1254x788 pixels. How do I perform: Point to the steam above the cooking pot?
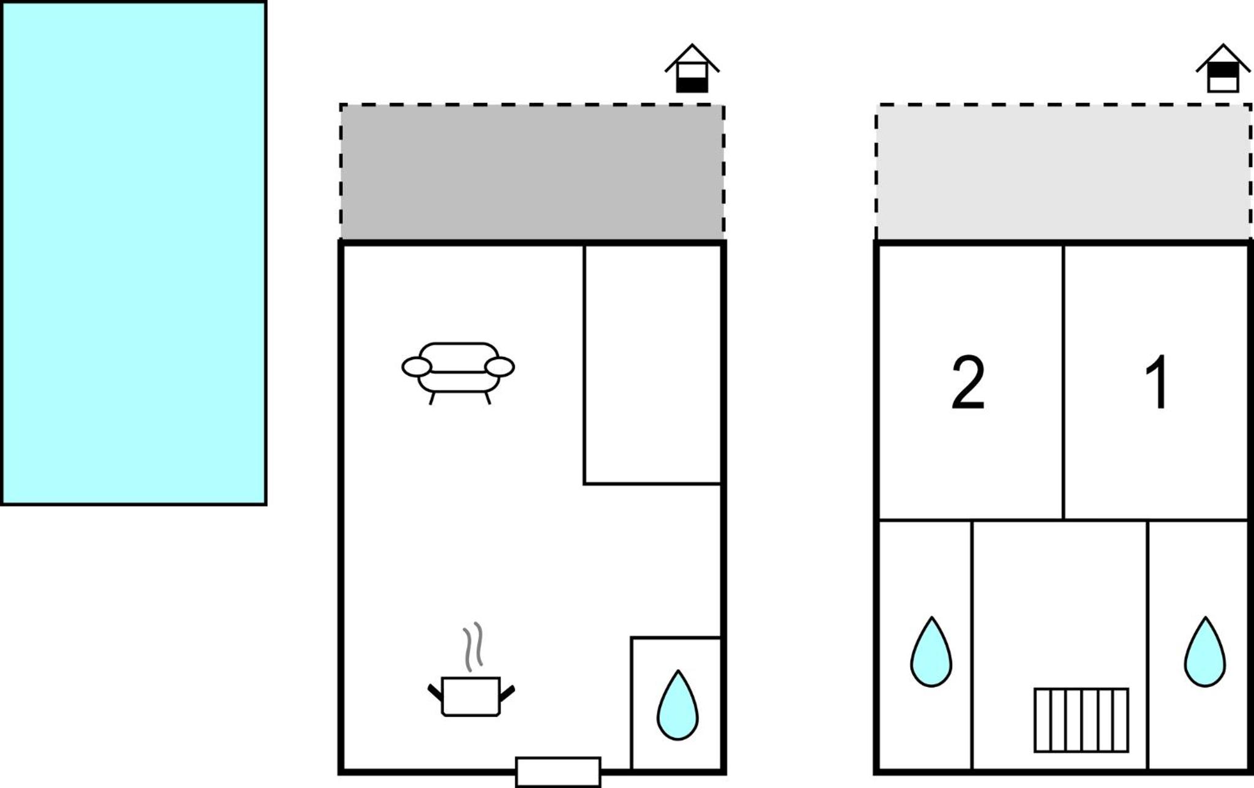(473, 647)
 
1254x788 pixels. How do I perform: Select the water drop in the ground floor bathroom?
(678, 705)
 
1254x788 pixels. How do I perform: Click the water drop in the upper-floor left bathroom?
(931, 652)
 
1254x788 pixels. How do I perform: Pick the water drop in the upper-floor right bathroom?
(1205, 652)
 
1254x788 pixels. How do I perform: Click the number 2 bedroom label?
(968, 383)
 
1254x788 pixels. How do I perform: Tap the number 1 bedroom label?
(1157, 383)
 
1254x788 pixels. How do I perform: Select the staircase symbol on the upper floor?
(1081, 720)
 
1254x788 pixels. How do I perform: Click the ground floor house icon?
(692, 69)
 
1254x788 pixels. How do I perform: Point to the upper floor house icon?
(1223, 69)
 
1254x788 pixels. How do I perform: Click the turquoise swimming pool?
(134, 253)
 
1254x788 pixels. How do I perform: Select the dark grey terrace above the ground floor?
(532, 173)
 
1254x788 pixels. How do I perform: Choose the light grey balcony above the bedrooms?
(1063, 173)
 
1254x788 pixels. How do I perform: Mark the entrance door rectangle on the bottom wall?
(558, 772)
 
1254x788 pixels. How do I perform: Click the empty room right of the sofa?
(653, 365)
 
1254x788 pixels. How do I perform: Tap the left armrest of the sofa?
(417, 367)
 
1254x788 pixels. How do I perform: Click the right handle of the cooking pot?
(507, 694)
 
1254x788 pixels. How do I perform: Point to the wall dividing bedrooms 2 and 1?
(1063, 382)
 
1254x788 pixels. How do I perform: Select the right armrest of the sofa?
(499, 367)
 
